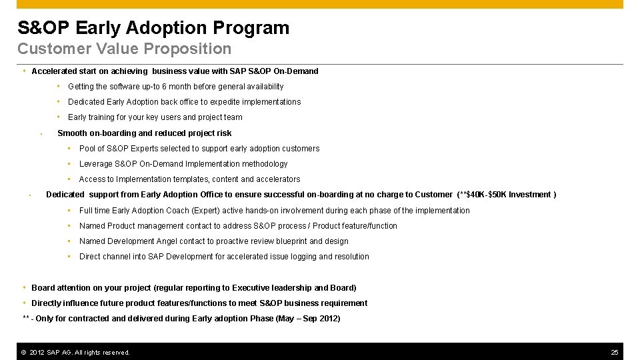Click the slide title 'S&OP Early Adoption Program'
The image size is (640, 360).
click(x=153, y=28)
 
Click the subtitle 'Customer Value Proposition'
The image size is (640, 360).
click(x=124, y=49)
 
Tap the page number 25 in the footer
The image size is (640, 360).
click(x=615, y=352)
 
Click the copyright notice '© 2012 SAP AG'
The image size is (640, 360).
click(x=75, y=352)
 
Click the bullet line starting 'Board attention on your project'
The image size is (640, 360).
click(x=193, y=288)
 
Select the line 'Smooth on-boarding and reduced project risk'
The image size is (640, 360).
click(x=145, y=133)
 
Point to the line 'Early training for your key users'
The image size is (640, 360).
click(x=155, y=117)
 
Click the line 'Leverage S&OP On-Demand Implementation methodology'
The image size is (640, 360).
click(x=183, y=164)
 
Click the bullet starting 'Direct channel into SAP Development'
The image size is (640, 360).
click(x=224, y=257)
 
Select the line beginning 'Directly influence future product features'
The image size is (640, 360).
click(x=199, y=303)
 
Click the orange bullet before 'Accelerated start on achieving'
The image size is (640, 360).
click(x=24, y=71)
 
